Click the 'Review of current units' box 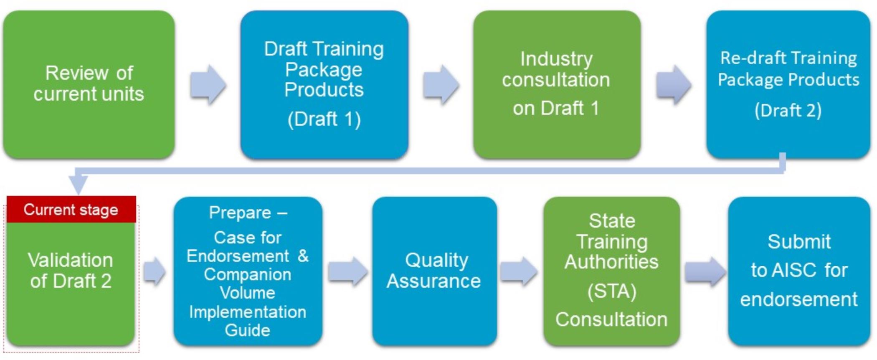click(x=89, y=84)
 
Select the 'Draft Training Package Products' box click(x=324, y=84)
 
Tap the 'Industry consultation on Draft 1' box click(x=557, y=84)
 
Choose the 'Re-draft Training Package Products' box click(x=788, y=84)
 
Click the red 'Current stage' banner click(x=71, y=209)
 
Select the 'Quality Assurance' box click(x=434, y=271)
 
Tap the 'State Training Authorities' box click(x=611, y=271)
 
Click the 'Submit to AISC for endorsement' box click(x=799, y=271)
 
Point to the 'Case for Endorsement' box click(x=248, y=271)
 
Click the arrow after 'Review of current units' click(x=208, y=84)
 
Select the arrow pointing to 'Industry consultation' click(x=441, y=84)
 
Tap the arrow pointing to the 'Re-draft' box click(x=674, y=84)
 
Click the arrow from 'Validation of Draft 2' click(x=155, y=272)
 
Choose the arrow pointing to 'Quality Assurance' click(x=347, y=272)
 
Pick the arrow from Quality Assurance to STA click(x=519, y=272)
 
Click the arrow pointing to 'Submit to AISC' click(x=705, y=272)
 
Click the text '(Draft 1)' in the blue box click(x=324, y=119)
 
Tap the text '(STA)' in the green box click(x=612, y=291)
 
